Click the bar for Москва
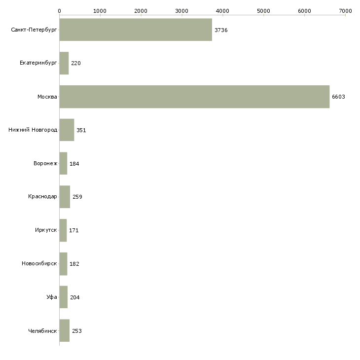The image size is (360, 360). [x=194, y=97]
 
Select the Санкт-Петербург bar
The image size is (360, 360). [x=136, y=30]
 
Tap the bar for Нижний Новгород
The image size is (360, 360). [x=67, y=130]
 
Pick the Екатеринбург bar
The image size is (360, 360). [x=64, y=63]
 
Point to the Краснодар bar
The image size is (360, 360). [x=65, y=197]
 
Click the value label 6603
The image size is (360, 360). [x=338, y=97]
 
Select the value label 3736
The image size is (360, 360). [x=221, y=30]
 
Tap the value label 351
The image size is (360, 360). [x=81, y=130]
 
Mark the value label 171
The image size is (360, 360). [x=74, y=230]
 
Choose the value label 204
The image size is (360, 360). [x=75, y=297]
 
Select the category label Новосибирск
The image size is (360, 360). [x=39, y=264]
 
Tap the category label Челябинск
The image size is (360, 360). [x=42, y=331]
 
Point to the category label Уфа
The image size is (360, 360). [x=52, y=297]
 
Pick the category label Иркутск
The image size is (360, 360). [x=46, y=230]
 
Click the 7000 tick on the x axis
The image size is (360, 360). [x=345, y=10]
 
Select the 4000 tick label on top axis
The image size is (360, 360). [x=222, y=10]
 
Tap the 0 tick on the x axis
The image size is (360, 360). [x=59, y=10]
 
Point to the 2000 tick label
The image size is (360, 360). [x=141, y=10]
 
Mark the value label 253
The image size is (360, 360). [x=76, y=331]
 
